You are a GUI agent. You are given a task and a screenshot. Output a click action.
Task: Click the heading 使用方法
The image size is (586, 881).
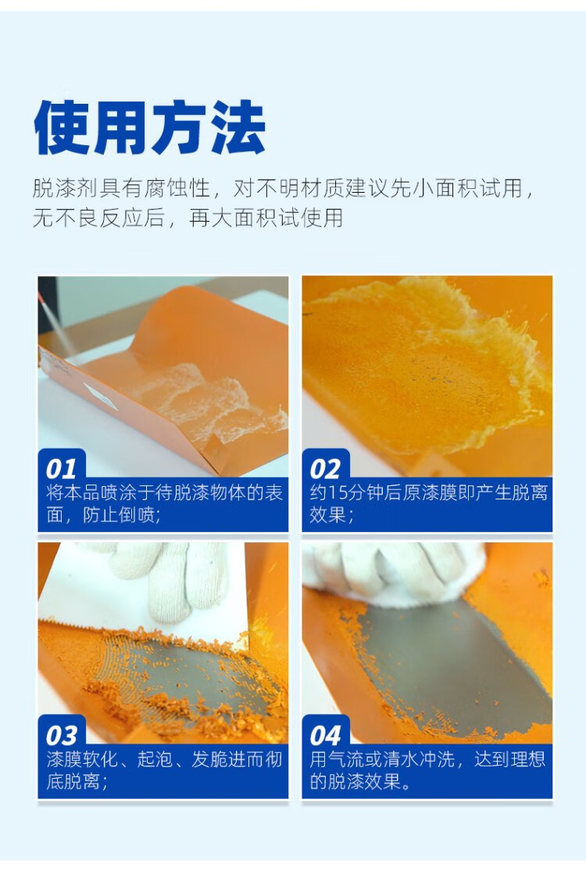coord(149,127)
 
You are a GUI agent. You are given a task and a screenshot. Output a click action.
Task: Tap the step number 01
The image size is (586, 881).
coord(61,469)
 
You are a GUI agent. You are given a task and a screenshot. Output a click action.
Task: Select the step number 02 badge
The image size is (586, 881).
coord(325,469)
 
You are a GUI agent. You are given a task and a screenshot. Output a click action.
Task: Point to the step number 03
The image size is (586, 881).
coord(61,736)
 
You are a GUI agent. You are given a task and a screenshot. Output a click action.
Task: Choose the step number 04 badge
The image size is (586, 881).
coord(325,736)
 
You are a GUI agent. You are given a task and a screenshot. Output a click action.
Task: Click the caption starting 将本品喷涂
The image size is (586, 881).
coord(163,503)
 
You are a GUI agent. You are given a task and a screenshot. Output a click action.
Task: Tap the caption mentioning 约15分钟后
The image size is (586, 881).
coord(428,503)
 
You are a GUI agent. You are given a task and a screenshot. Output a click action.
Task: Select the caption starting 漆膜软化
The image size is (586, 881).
coord(163,769)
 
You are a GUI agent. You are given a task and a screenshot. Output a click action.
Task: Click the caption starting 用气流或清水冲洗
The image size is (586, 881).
coord(427,769)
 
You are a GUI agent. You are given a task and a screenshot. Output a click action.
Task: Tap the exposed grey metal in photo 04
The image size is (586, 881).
coord(450,663)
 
